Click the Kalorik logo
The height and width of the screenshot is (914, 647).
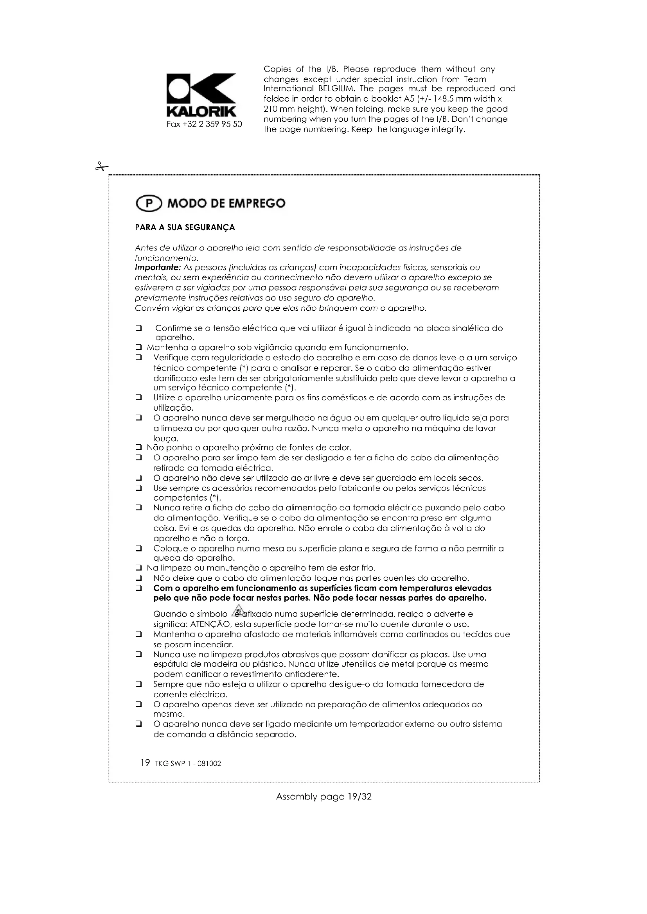click(201, 95)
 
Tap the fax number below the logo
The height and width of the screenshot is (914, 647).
click(204, 124)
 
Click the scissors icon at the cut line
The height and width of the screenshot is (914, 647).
click(102, 167)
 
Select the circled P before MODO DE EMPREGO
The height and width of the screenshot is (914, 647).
click(149, 204)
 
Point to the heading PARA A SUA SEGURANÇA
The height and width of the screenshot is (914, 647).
click(185, 228)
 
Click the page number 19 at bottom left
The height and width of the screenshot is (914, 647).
click(145, 763)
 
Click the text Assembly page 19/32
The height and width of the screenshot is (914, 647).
click(323, 796)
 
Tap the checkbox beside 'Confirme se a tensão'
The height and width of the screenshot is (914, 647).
click(138, 328)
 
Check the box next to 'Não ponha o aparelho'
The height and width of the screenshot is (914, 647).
click(138, 448)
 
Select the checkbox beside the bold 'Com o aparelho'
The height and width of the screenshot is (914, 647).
click(138, 588)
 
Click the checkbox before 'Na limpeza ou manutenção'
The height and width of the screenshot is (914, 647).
click(138, 568)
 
